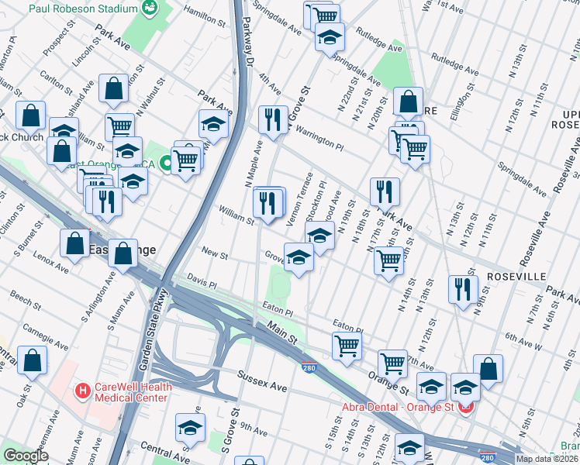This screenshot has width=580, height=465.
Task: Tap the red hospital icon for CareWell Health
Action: pyautogui.click(x=83, y=390)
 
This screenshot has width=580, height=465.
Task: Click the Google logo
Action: pyautogui.click(x=26, y=456)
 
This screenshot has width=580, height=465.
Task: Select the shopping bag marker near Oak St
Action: pyautogui.click(x=33, y=360)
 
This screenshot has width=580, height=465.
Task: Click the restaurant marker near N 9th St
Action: pyautogui.click(x=463, y=289)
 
